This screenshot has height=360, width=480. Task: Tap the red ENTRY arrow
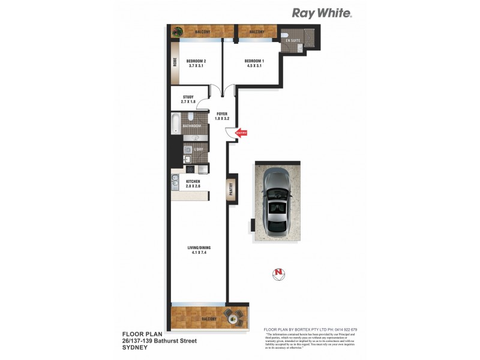click(241, 133)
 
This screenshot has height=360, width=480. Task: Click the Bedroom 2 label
click(196, 61)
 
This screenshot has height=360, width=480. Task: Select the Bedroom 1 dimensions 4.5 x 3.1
click(254, 67)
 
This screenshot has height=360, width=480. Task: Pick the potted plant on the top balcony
click(178, 31)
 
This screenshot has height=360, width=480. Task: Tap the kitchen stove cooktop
click(188, 169)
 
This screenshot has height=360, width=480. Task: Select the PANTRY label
click(230, 190)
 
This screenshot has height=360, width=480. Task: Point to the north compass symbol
click(278, 274)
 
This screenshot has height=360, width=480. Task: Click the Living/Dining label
click(198, 248)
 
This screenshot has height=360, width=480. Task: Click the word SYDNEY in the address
click(136, 347)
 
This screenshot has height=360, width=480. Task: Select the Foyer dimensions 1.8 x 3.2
click(223, 118)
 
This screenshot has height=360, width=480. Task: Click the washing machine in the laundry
click(187, 149)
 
